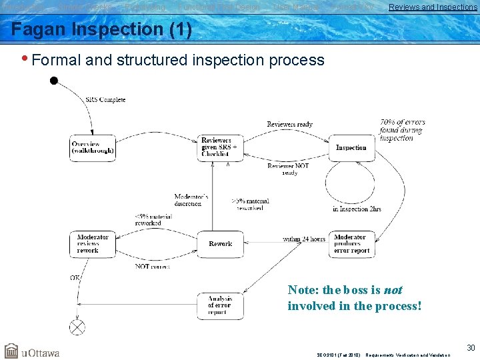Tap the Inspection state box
click(351, 147)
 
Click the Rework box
click(221, 244)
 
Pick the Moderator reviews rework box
click(93, 244)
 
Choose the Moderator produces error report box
click(351, 244)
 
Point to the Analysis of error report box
click(221, 305)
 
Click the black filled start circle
click(54, 81)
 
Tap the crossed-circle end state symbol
click(78, 327)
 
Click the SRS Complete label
click(105, 100)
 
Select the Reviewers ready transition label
click(289, 125)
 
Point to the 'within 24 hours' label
click(304, 239)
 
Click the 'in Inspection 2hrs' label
click(357, 209)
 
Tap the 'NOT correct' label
click(152, 267)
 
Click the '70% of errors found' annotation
click(402, 130)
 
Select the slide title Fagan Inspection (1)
click(101, 30)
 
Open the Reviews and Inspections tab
click(433, 7)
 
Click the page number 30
click(471, 347)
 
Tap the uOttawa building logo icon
click(11, 351)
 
